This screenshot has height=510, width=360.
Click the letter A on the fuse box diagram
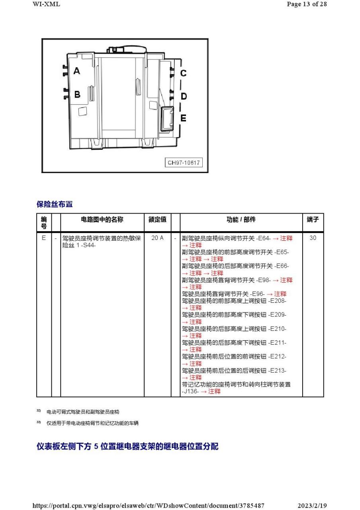[76, 71]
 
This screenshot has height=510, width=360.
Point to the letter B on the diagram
[77, 94]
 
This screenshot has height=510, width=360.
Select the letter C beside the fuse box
[183, 73]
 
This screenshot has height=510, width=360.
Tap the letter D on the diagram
[184, 96]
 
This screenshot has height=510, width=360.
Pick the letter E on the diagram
[183, 118]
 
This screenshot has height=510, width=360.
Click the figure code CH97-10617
[184, 163]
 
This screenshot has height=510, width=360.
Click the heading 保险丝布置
[55, 204]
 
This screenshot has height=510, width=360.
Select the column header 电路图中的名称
[102, 220]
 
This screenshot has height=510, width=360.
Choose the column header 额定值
[157, 220]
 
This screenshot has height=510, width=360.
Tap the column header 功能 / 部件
[241, 220]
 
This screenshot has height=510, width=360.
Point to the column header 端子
[313, 220]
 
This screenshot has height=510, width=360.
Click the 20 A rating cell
[157, 238]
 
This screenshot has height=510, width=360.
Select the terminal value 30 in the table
[313, 238]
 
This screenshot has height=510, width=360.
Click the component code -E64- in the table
[264, 238]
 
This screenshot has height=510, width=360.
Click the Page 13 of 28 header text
[307, 4]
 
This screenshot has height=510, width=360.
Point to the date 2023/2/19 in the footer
[312, 506]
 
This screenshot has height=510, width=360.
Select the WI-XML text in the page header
[46, 4]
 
